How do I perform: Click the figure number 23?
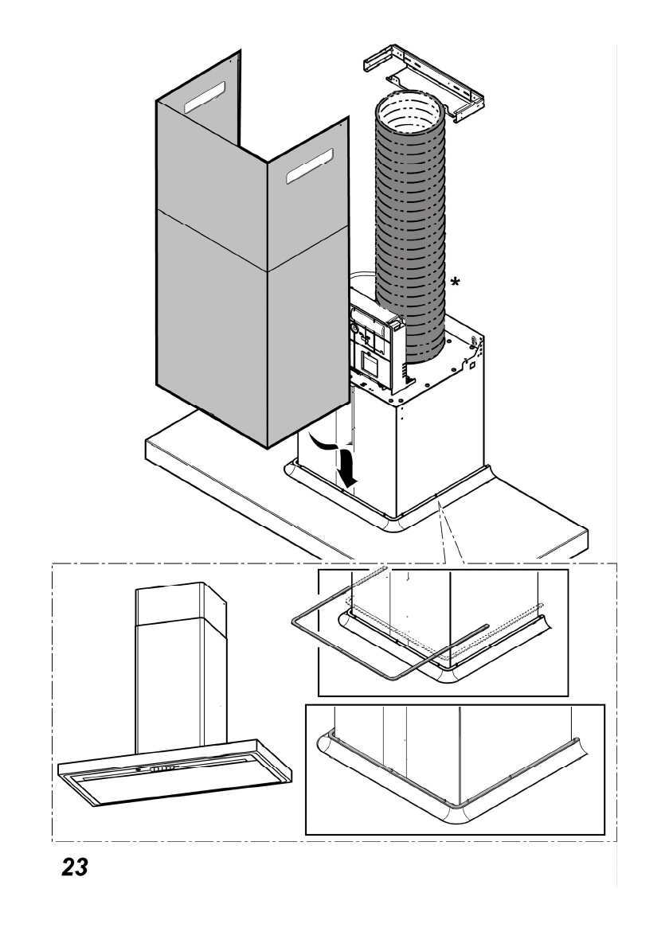70,867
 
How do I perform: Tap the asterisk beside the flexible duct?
455,282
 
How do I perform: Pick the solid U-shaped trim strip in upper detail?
319,637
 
